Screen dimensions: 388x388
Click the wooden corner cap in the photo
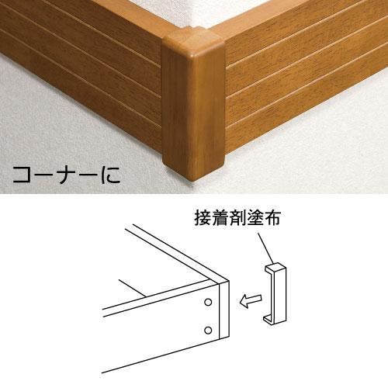click(192, 109)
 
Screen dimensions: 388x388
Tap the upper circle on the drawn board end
click(208, 300)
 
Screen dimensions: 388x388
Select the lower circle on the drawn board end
click(208, 330)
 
